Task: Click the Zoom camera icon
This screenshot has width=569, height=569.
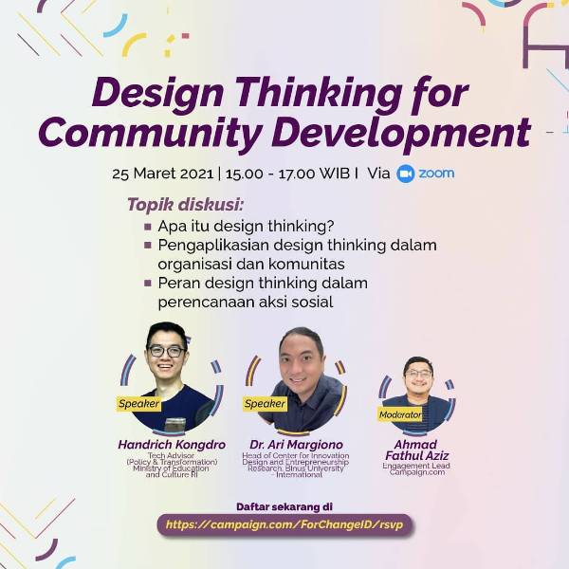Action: (406, 174)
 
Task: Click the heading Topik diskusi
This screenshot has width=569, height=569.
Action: (185, 204)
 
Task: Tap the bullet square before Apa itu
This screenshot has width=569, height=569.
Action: (148, 227)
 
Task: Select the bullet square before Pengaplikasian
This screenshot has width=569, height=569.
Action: (148, 246)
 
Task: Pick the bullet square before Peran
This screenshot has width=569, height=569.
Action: (148, 284)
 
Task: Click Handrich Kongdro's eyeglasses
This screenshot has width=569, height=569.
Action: (166, 352)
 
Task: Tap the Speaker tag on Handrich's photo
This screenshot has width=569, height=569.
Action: (138, 403)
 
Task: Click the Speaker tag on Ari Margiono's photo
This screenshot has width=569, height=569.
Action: (265, 403)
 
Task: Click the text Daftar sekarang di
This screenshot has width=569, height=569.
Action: (284, 506)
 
